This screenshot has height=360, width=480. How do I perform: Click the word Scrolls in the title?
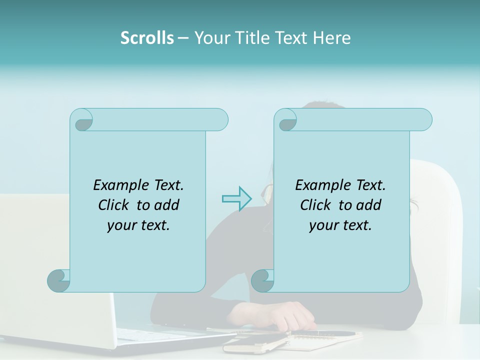tap(147, 38)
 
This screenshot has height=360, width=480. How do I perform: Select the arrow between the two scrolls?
tap(236, 199)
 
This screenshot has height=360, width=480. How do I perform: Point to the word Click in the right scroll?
tap(316, 205)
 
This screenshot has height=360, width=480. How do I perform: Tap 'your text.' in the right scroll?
tap(340, 225)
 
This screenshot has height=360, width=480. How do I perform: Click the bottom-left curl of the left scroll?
tap(59, 281)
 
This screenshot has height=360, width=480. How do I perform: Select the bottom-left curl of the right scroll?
tap(263, 281)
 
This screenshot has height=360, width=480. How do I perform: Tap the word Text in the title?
tap(291, 38)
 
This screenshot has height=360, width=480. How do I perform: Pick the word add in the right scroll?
tap(369, 205)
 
